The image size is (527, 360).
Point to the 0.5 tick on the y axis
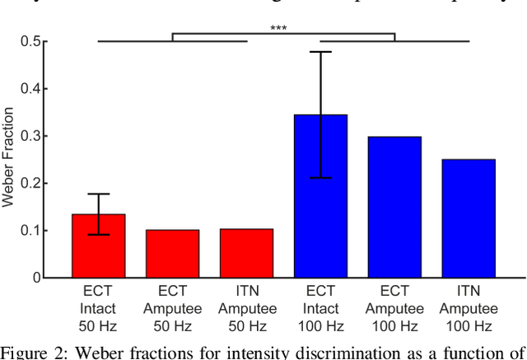point(31,41)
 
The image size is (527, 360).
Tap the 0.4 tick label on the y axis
point(31,89)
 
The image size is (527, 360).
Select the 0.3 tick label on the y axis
point(31,136)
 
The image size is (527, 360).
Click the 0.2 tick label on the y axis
point(31,184)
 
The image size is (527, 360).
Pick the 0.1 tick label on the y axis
point(31,231)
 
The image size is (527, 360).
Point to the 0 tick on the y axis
point(37,278)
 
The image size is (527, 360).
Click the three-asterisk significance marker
point(278,29)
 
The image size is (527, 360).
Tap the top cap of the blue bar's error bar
point(320,52)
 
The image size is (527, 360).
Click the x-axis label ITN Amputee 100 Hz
point(469,309)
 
